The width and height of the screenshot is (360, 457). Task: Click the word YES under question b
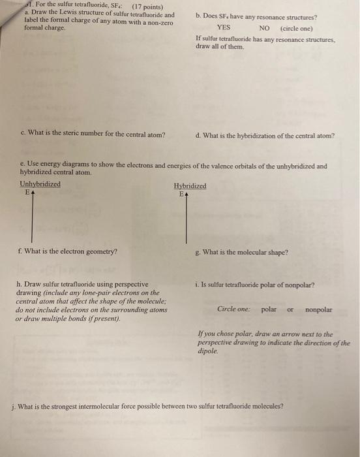tap(224, 28)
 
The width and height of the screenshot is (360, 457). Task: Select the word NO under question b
tap(264, 28)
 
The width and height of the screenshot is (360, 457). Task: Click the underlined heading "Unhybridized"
tap(40, 184)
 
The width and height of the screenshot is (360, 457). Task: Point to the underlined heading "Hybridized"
tap(190, 186)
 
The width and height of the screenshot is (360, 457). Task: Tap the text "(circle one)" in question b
tap(296, 28)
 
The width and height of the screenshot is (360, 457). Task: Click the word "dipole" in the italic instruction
tap(205, 350)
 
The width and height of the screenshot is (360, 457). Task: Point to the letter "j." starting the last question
tap(15, 405)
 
